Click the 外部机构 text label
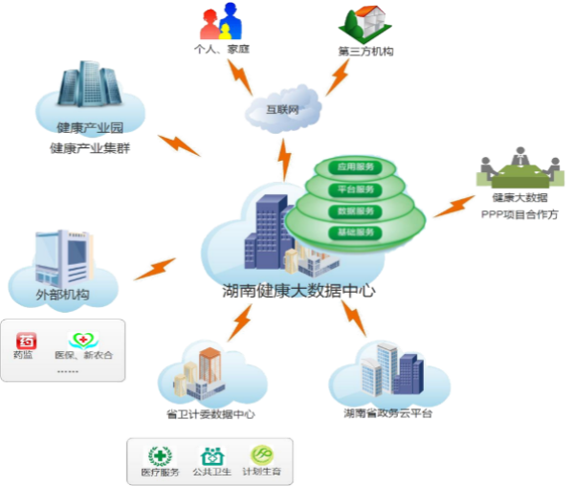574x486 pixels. pyautogui.click(x=63, y=294)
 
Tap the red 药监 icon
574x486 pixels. pyautogui.click(x=28, y=341)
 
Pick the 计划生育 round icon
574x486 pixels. pyautogui.click(x=262, y=455)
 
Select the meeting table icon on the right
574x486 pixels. pyautogui.click(x=516, y=171)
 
